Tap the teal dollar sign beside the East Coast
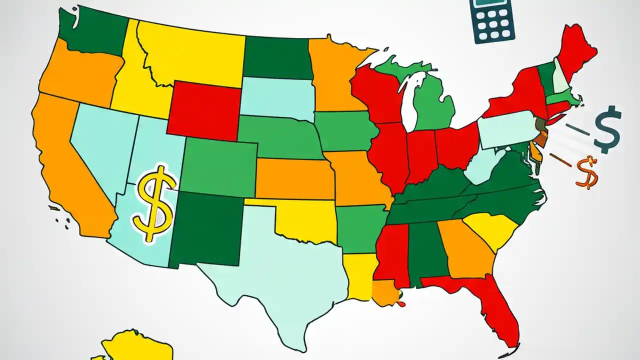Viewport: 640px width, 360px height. tap(607, 129)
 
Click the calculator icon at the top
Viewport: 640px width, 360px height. tap(492, 20)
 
